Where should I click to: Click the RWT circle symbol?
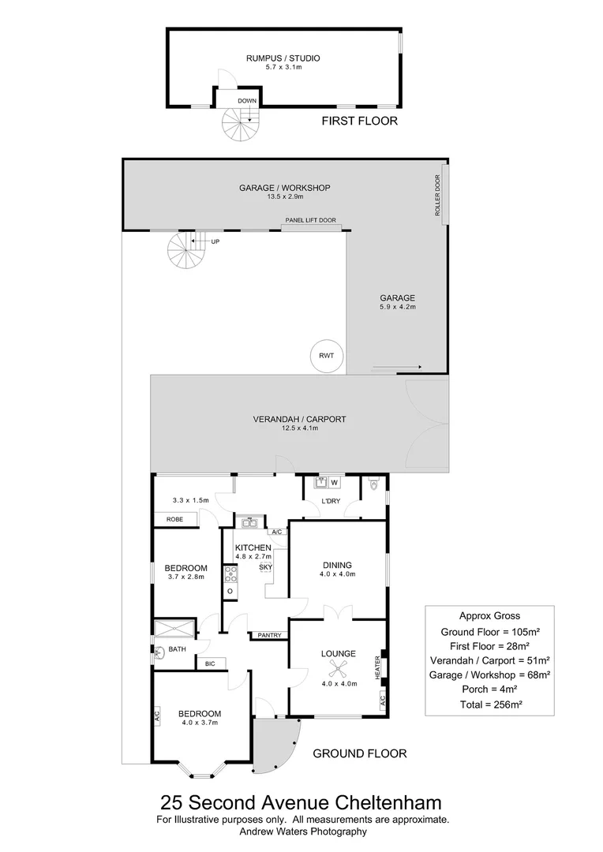(x=326, y=356)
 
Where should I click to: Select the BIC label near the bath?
(x=210, y=663)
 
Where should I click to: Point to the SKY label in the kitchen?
(x=265, y=567)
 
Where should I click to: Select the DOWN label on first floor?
(x=247, y=101)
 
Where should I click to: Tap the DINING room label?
(x=337, y=565)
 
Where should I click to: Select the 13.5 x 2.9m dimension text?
(x=284, y=197)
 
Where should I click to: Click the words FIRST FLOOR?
(x=359, y=121)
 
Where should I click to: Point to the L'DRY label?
(x=330, y=502)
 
